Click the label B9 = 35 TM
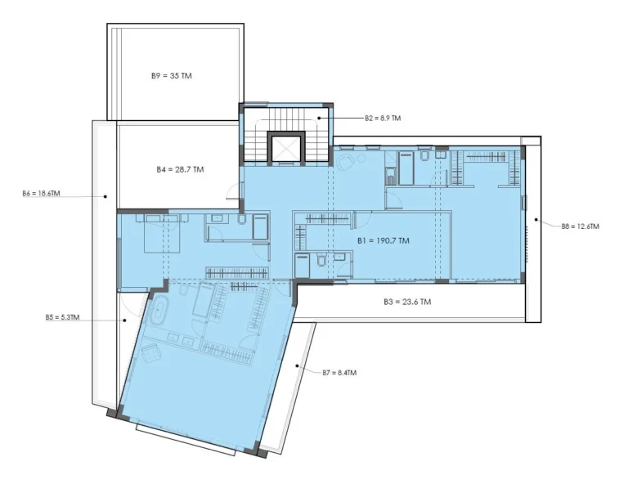click(x=172, y=76)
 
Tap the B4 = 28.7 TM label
click(x=180, y=169)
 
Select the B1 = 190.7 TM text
click(x=384, y=240)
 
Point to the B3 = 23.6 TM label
click(x=407, y=302)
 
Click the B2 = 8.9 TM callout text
click(x=383, y=118)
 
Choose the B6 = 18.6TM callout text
click(x=41, y=194)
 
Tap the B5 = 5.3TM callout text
click(x=62, y=317)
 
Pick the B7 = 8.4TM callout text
click(x=339, y=373)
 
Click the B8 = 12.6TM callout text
click(x=580, y=226)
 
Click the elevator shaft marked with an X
click(x=286, y=147)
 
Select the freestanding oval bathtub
click(x=159, y=310)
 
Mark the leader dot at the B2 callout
click(x=319, y=118)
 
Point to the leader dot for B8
click(x=536, y=219)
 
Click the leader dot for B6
click(x=105, y=196)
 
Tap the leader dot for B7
click(x=297, y=365)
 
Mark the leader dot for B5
click(x=124, y=320)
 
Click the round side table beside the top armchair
click(x=361, y=159)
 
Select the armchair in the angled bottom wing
click(x=150, y=352)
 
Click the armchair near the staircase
click(x=344, y=162)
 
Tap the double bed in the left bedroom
click(x=162, y=233)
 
